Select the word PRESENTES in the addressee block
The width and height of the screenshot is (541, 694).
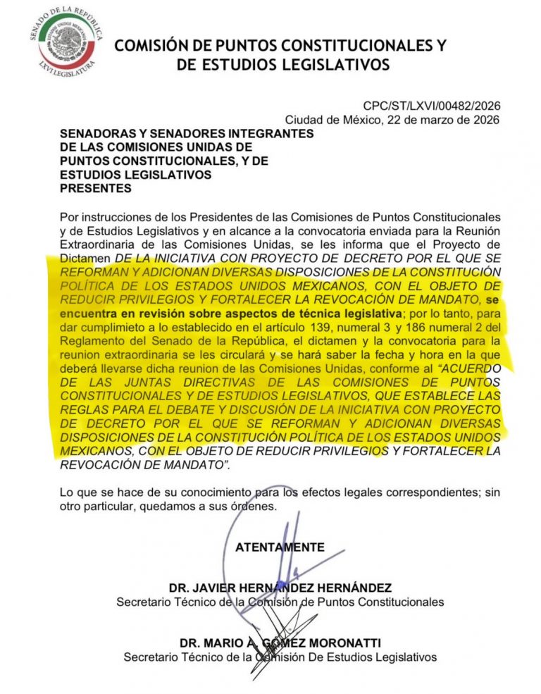coord(96,189)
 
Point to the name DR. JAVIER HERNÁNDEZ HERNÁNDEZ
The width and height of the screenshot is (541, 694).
coord(280,588)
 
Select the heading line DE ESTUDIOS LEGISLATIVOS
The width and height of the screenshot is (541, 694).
coord(280,66)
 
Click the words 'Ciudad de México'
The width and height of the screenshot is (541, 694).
coord(329,120)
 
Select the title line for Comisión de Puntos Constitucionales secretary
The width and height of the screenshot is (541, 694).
coord(280,602)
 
